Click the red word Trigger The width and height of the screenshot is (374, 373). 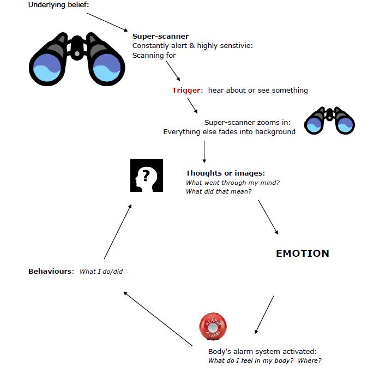tap(186, 91)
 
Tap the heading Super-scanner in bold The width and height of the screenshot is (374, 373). tap(160, 37)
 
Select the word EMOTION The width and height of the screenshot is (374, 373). tap(303, 254)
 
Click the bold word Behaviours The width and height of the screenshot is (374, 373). tap(50, 272)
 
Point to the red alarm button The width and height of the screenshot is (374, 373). tap(213, 327)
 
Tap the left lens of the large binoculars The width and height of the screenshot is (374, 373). tap(47, 68)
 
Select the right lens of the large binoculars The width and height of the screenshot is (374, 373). tap(107, 68)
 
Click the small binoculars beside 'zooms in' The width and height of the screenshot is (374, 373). tap(330, 121)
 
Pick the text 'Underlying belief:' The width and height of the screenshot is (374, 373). tap(59, 5)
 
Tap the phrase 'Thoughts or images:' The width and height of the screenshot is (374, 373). tap(225, 173)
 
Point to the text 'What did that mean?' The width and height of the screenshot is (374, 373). tap(219, 191)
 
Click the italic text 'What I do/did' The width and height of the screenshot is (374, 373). tap(101, 272)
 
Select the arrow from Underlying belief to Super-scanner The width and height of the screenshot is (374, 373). tap(107, 22)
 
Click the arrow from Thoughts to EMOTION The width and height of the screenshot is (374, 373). tap(268, 218)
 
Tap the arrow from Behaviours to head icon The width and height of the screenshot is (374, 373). tap(118, 231)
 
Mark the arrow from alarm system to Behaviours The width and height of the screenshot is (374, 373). tap(158, 319)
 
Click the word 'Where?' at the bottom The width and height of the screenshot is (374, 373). tap(310, 360)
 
